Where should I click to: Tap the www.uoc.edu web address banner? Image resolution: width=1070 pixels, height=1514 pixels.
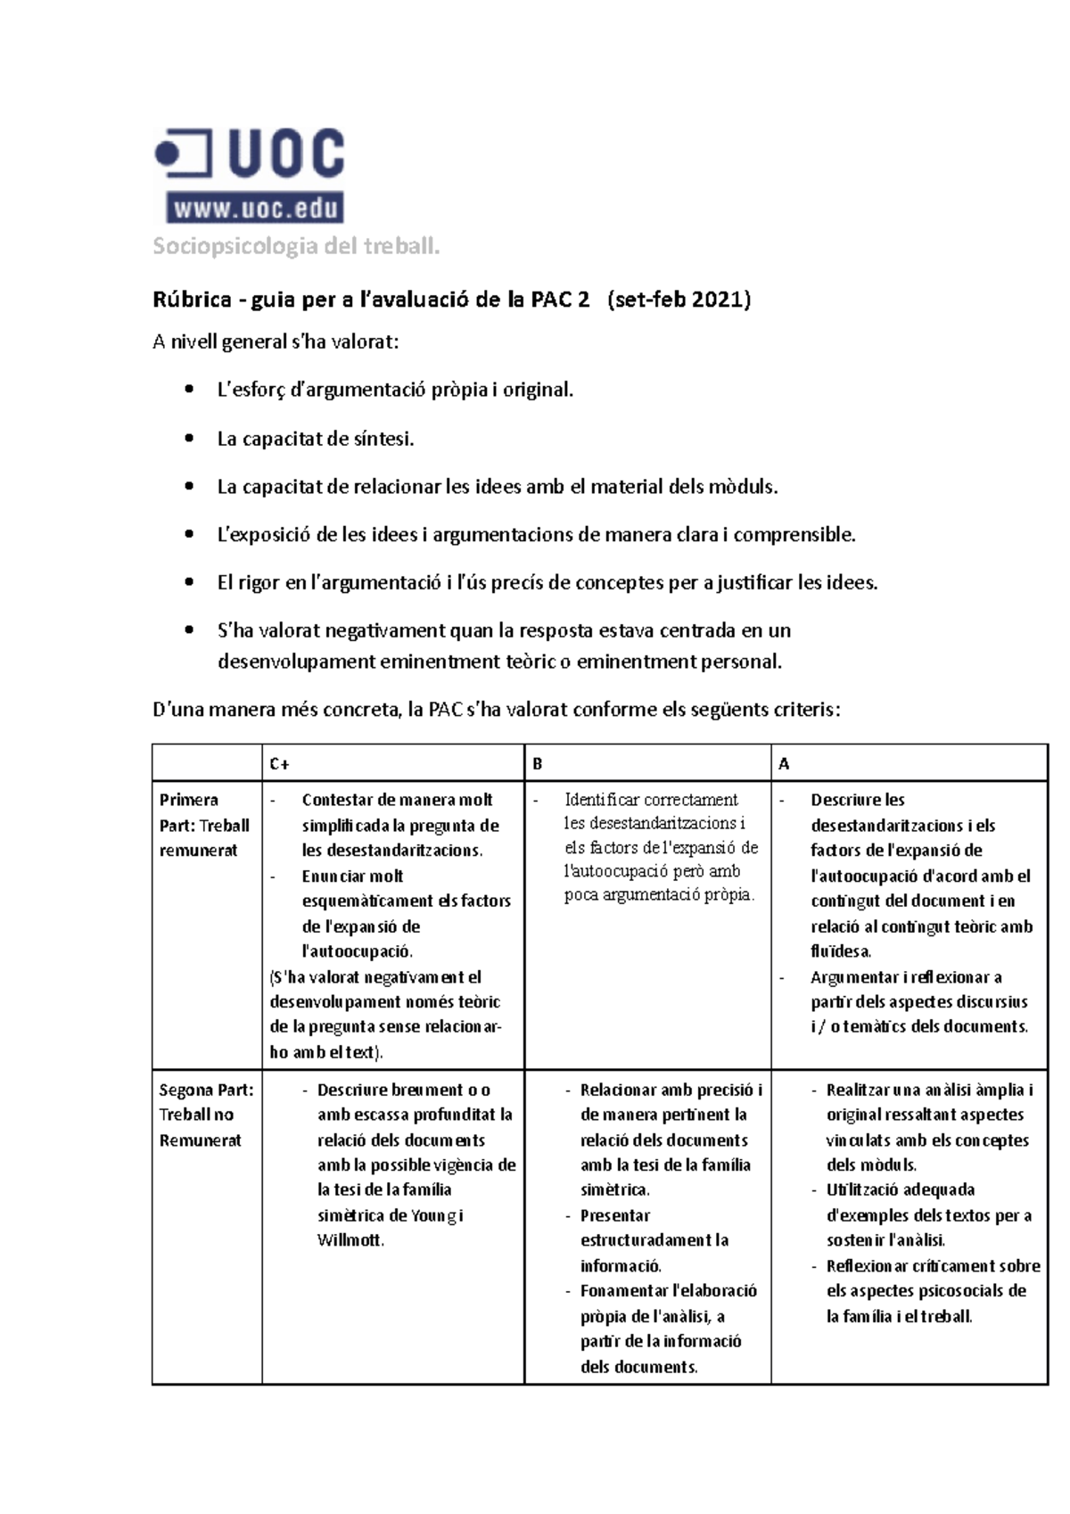coord(255,210)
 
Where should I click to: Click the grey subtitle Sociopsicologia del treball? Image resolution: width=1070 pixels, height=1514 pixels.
coord(296,247)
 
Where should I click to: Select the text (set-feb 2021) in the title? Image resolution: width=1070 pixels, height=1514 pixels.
coord(679,300)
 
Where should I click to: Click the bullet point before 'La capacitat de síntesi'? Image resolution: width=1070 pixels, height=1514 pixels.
coord(188,439)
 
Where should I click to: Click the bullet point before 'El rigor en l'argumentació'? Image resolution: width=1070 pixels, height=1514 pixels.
coord(188,583)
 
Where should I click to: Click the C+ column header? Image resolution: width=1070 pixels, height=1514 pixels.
coord(279,764)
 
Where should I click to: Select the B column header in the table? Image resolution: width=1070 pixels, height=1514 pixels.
coord(538,764)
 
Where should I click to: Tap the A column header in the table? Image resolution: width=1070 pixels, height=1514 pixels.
coord(784,764)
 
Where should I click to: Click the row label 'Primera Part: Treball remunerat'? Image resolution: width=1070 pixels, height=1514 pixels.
coord(204,825)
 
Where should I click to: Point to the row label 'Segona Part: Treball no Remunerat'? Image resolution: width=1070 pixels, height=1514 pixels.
coord(205,1115)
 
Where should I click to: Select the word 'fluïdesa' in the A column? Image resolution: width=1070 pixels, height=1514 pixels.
coord(840,951)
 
